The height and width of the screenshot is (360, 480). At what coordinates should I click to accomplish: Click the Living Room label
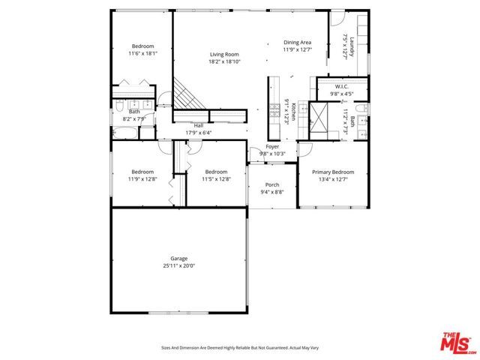(x=224, y=54)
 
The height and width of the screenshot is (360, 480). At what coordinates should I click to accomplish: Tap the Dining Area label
(x=297, y=42)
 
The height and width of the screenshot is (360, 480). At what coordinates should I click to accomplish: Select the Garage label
(x=178, y=259)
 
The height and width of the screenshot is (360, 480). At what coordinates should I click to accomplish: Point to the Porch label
(x=272, y=184)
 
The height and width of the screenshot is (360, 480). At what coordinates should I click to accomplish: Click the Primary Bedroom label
(x=332, y=171)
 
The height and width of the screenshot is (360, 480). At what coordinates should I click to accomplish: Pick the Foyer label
(x=272, y=146)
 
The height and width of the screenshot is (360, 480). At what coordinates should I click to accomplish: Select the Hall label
(x=199, y=125)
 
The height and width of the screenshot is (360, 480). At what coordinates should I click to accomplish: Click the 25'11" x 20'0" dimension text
(x=178, y=266)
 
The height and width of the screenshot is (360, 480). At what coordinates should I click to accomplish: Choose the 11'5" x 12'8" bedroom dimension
(x=216, y=178)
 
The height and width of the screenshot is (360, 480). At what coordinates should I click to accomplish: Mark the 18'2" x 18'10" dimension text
(x=224, y=61)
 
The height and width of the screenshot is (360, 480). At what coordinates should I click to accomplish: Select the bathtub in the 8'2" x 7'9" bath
(x=126, y=133)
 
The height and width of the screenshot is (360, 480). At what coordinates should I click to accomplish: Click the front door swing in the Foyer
(x=256, y=150)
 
